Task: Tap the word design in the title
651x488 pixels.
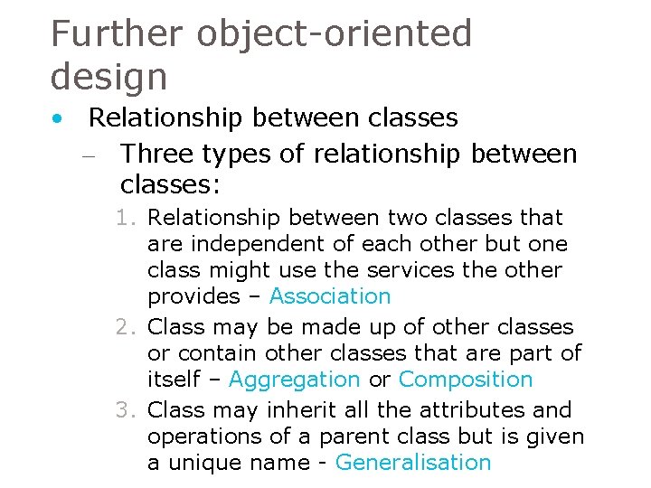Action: click(108, 76)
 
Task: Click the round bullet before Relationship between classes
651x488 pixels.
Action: click(57, 118)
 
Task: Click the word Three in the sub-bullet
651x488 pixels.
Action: click(156, 155)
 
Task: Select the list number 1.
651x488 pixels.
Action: click(125, 219)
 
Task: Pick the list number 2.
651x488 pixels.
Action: click(125, 327)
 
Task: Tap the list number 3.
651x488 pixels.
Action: click(125, 410)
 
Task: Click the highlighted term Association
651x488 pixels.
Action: click(330, 296)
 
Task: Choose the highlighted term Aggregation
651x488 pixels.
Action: click(294, 380)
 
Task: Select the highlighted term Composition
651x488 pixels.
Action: click(466, 380)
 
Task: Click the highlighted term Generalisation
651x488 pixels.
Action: click(413, 463)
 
